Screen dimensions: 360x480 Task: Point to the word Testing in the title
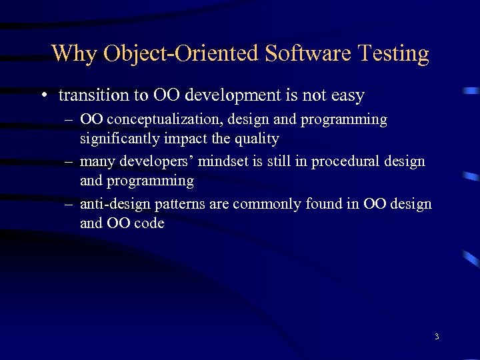click(393, 53)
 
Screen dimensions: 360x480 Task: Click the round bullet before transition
click(43, 96)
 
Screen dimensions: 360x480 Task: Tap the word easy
click(347, 96)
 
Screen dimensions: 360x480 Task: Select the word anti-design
click(111, 204)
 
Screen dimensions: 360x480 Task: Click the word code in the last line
click(148, 223)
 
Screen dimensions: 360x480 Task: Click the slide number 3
click(437, 337)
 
